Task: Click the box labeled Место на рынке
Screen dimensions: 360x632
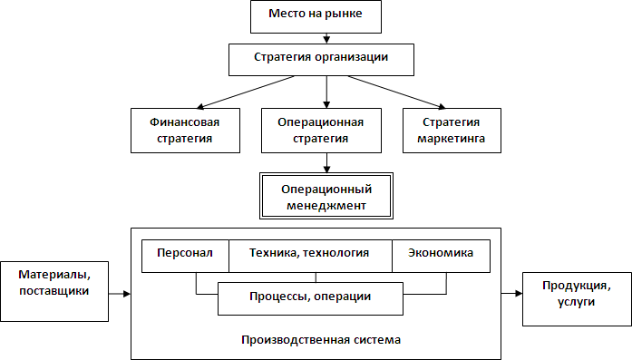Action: tap(326, 15)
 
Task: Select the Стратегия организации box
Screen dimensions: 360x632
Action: tap(321, 59)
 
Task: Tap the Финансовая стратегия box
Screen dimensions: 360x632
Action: tap(185, 131)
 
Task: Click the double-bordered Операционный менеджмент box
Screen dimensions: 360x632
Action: tap(324, 196)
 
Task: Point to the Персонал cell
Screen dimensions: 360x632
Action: tap(185, 255)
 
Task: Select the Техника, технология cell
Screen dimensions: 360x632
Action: tap(309, 255)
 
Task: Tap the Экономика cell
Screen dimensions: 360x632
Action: tap(441, 255)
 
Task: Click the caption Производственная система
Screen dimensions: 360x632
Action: tap(321, 339)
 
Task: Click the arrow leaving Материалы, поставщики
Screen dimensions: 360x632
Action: tap(118, 293)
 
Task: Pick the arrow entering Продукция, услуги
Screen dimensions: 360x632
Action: tap(511, 293)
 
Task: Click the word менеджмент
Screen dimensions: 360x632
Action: tap(325, 205)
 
